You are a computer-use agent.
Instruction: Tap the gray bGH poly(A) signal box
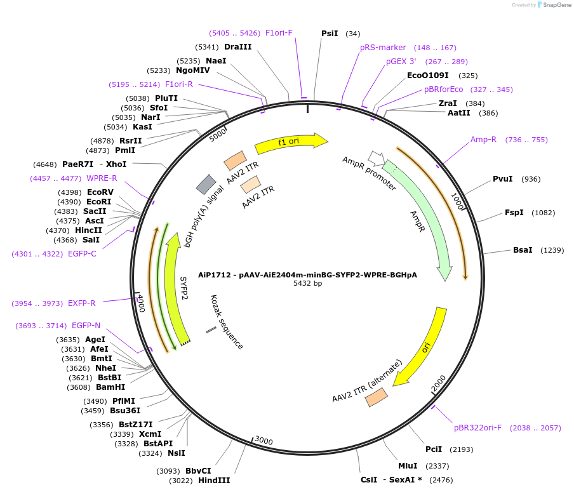click(206, 184)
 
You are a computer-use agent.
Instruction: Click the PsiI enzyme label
click(330, 34)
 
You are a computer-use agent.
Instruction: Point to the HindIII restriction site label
click(214, 481)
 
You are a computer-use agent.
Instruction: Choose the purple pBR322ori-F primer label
click(477, 428)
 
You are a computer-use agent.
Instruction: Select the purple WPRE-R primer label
click(102, 178)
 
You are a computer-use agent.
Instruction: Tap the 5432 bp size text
click(307, 283)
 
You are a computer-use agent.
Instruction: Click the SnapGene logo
click(554, 5)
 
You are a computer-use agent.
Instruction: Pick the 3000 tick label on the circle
click(263, 441)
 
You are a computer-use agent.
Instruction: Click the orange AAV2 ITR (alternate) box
click(377, 397)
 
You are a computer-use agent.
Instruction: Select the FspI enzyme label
click(514, 213)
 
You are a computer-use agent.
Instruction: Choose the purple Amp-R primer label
click(483, 140)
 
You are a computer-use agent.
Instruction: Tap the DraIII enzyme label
click(238, 47)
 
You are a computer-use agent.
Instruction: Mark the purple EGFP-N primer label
click(86, 326)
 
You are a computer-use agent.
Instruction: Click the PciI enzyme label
click(434, 449)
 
